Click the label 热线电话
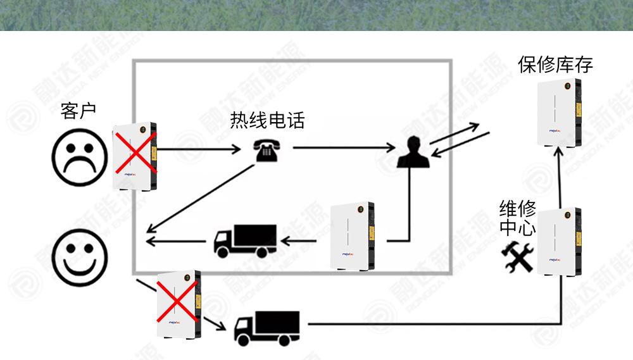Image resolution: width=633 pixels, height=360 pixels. point(267,120)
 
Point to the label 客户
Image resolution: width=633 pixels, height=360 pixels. point(78,111)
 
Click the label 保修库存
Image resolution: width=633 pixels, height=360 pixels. point(555,65)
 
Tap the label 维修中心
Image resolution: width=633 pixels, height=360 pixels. point(518,218)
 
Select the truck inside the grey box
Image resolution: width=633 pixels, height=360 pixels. point(244,240)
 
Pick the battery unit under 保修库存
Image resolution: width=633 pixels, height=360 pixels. point(559,113)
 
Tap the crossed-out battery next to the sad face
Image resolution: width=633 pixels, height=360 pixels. point(135,156)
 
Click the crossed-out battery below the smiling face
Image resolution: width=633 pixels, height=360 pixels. point(178,304)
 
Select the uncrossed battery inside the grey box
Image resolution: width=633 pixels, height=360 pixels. point(353,235)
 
